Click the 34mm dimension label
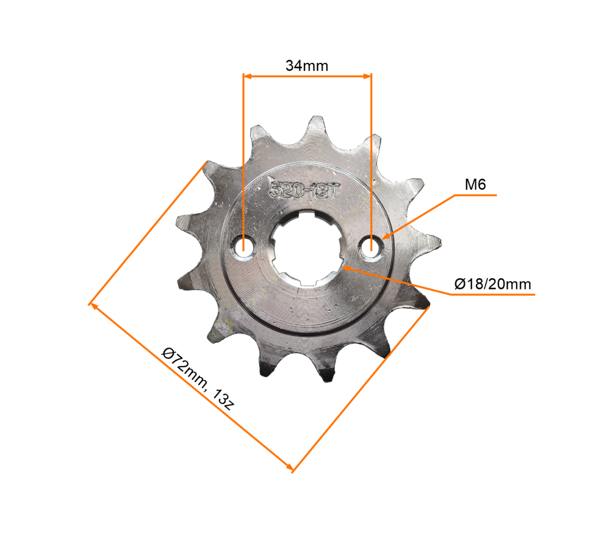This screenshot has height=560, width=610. (x=307, y=65)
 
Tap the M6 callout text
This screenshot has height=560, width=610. (x=475, y=184)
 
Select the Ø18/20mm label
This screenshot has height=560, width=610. (x=493, y=284)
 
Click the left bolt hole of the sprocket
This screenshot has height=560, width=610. (x=244, y=247)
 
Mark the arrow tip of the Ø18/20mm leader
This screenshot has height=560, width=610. (x=343, y=265)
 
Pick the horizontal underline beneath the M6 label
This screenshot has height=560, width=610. (x=476, y=196)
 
